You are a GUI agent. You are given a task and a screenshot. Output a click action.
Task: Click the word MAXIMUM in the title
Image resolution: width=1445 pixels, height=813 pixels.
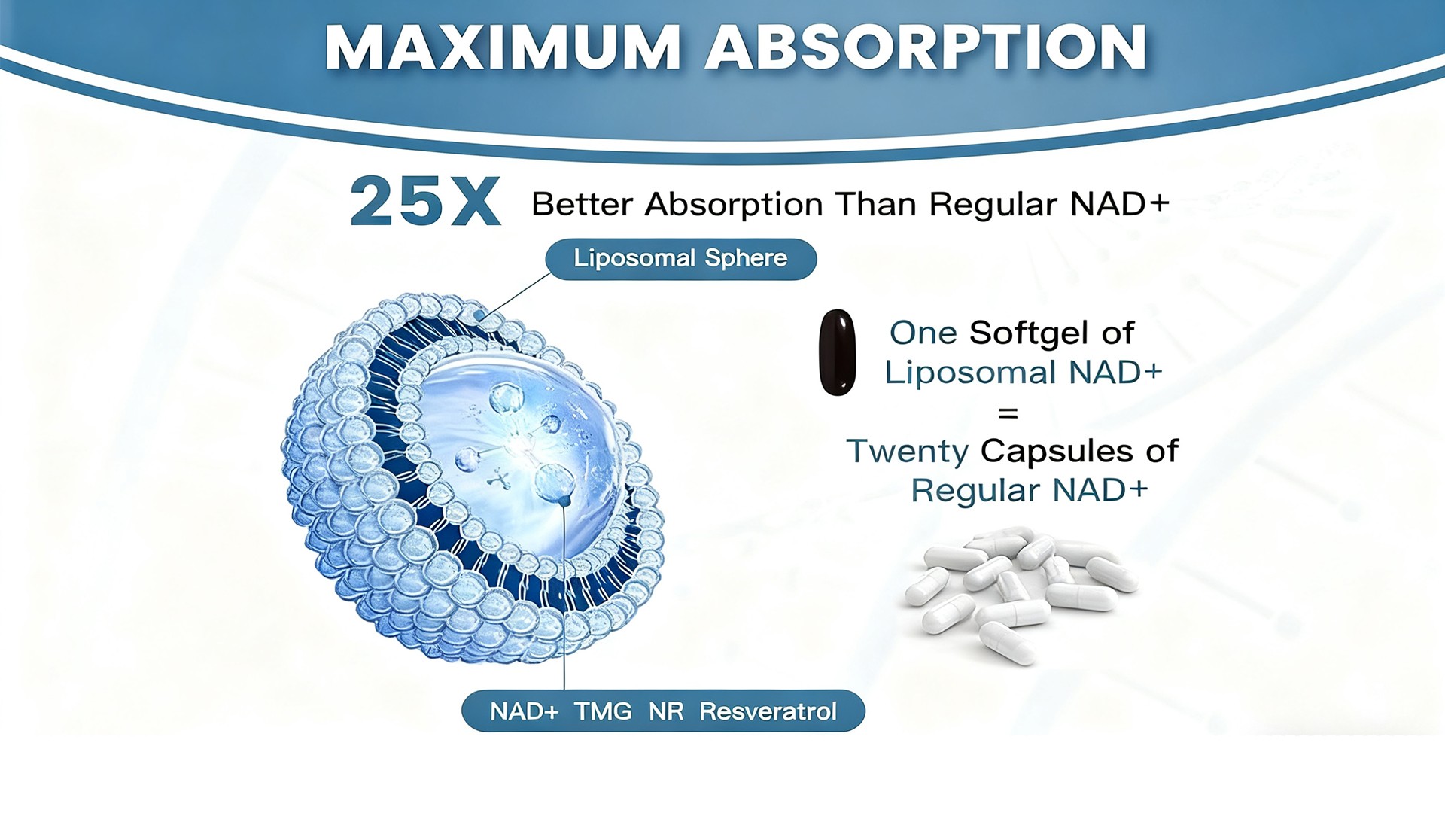pyautogui.click(x=503, y=47)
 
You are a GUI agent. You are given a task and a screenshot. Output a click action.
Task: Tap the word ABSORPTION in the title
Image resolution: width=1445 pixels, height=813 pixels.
pyautogui.click(x=926, y=47)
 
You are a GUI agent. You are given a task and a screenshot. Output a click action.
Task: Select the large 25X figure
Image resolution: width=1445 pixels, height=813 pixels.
pyautogui.click(x=425, y=201)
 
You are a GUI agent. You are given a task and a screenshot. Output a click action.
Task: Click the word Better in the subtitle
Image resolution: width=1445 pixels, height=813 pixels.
pyautogui.click(x=582, y=204)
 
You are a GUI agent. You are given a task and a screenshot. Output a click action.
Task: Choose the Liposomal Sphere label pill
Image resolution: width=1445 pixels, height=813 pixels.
pyautogui.click(x=681, y=259)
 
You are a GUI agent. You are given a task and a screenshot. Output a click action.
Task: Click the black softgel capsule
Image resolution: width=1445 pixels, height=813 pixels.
pyautogui.click(x=837, y=352)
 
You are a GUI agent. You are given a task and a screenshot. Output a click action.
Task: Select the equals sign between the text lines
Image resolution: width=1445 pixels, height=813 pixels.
pyautogui.click(x=1008, y=413)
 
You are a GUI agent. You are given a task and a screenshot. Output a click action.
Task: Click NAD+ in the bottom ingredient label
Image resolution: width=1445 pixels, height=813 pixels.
pyautogui.click(x=524, y=711)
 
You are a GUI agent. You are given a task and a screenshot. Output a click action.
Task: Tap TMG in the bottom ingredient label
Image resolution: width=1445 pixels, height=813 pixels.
pyautogui.click(x=603, y=711)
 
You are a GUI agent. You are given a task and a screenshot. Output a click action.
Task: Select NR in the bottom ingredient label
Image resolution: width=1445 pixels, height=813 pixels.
pyautogui.click(x=666, y=711)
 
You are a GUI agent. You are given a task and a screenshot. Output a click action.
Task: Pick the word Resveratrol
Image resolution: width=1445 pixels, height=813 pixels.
pyautogui.click(x=768, y=711)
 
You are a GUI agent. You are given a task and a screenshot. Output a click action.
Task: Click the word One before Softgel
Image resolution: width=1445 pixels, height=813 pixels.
pyautogui.click(x=923, y=333)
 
